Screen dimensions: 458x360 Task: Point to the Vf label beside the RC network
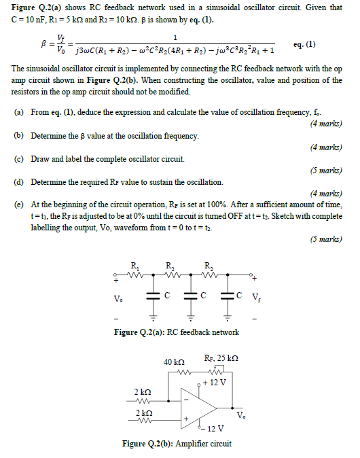(x=255, y=297)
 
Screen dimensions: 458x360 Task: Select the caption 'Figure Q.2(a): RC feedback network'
(x=179, y=332)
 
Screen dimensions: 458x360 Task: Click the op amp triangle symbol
(x=197, y=408)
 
